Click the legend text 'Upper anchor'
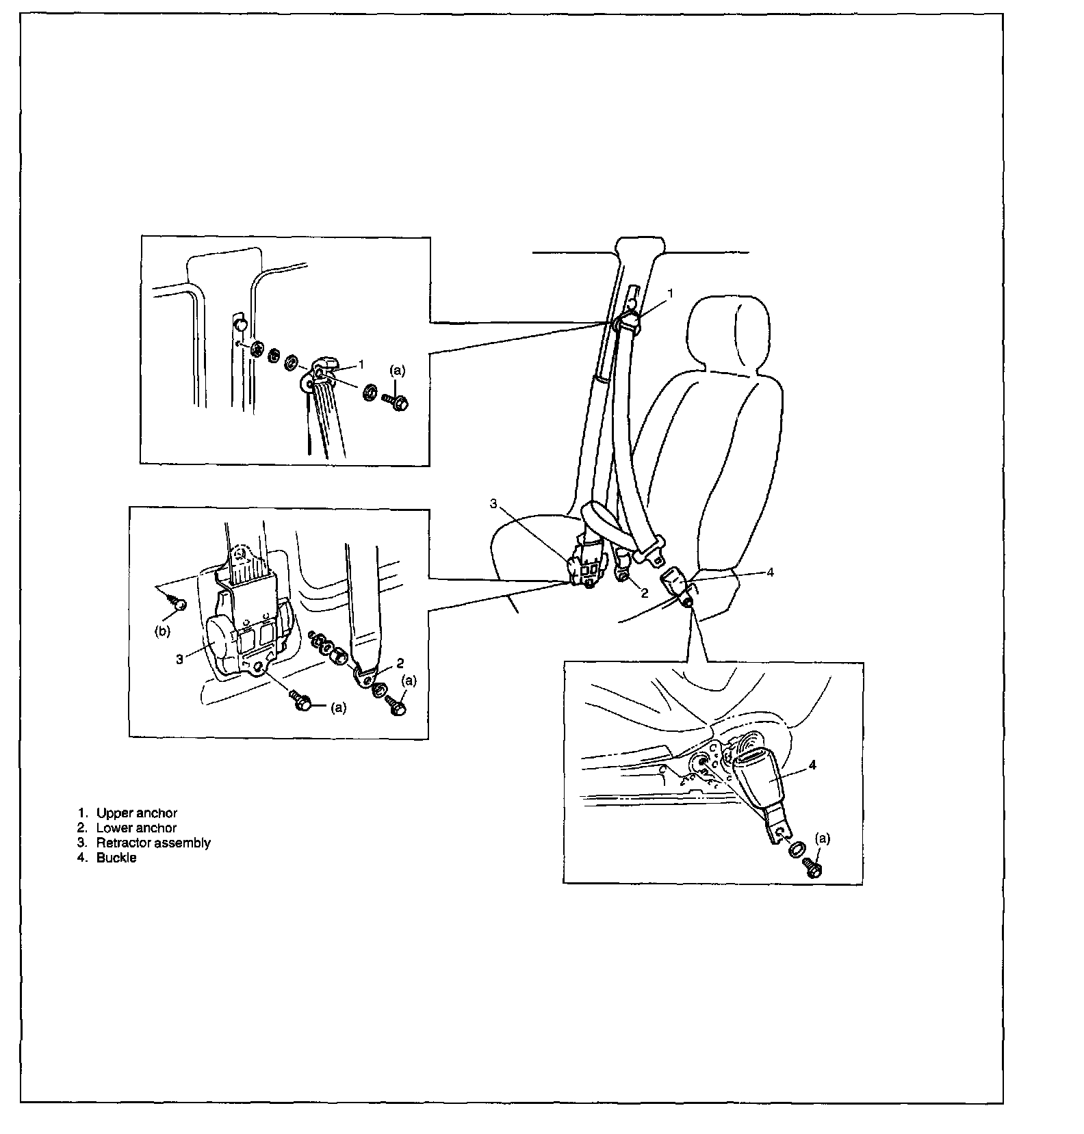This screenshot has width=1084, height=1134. click(136, 813)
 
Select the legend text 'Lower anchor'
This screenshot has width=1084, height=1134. click(136, 828)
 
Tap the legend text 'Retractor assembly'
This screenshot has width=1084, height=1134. click(153, 843)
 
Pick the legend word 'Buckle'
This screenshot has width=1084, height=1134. click(116, 858)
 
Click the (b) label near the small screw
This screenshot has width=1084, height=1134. click(162, 631)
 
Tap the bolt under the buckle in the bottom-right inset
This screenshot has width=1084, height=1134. click(814, 868)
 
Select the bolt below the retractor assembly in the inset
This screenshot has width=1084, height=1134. click(302, 702)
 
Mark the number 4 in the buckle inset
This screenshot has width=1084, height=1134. click(812, 765)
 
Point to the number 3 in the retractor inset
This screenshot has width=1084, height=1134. click(179, 660)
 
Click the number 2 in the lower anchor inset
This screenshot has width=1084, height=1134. click(400, 663)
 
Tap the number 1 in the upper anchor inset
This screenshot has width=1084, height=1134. click(361, 364)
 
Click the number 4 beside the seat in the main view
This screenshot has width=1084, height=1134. click(770, 572)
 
